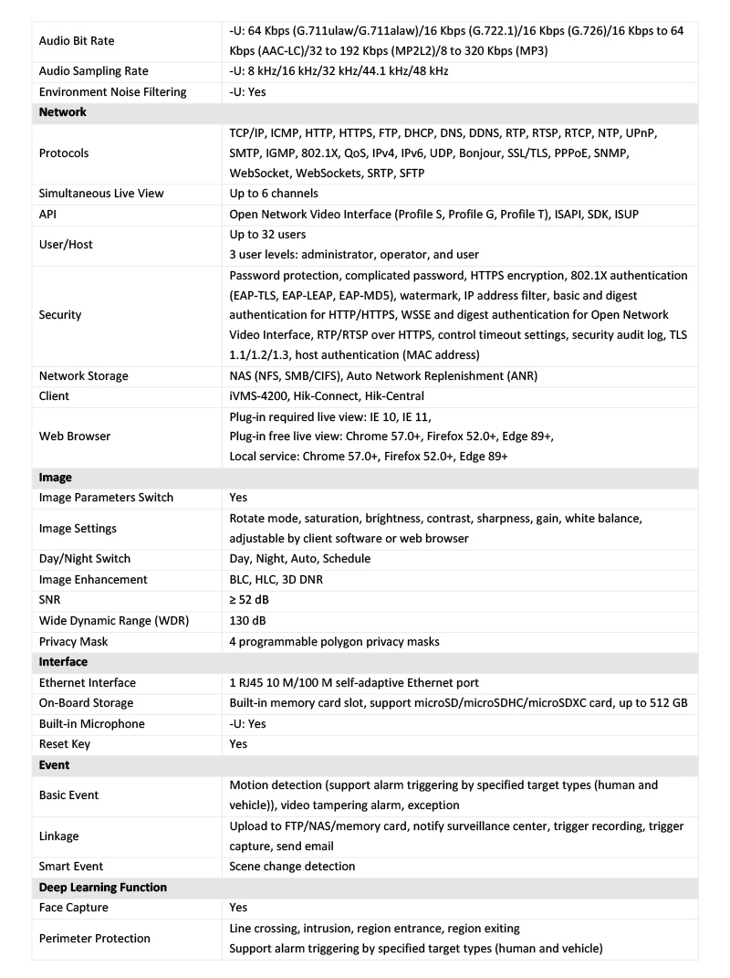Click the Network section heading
[63, 112]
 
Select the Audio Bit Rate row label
[77, 41]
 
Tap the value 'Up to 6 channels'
[274, 194]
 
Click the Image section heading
[56, 478]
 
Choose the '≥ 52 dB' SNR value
[249, 600]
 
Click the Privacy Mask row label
[73, 642]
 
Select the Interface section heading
[63, 662]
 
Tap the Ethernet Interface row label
[88, 683]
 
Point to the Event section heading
[55, 765]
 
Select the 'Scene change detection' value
[292, 867]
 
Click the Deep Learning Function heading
[103, 888]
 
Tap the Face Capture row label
[75, 908]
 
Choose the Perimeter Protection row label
[95, 939]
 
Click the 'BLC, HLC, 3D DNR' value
[276, 580]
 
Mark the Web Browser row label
[75, 436]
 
